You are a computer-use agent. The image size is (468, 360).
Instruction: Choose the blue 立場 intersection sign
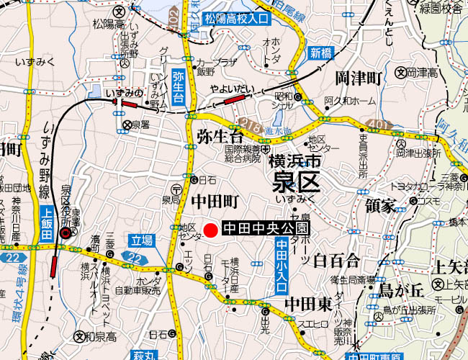click(142, 240)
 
